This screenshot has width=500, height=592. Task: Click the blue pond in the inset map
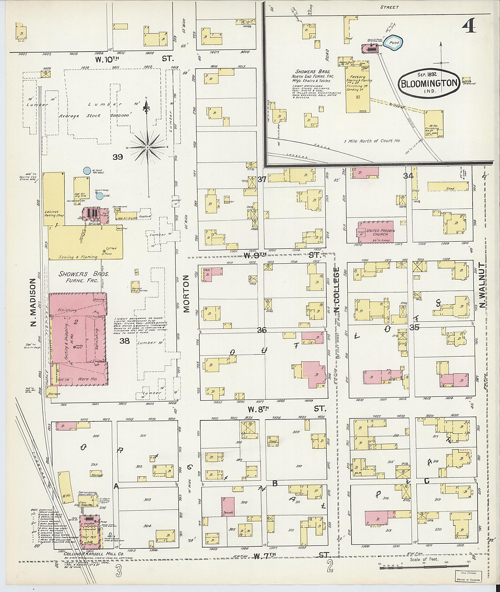pos(394,43)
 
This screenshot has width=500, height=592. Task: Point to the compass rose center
pos(147,147)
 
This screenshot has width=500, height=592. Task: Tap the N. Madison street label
pos(34,302)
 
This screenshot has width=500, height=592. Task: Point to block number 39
pos(118,156)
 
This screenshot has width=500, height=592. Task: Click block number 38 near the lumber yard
pos(125,341)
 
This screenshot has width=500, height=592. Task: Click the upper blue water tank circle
pos(87,171)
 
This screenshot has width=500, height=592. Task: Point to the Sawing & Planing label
pos(78,257)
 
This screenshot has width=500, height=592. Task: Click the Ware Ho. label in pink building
pos(87,379)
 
